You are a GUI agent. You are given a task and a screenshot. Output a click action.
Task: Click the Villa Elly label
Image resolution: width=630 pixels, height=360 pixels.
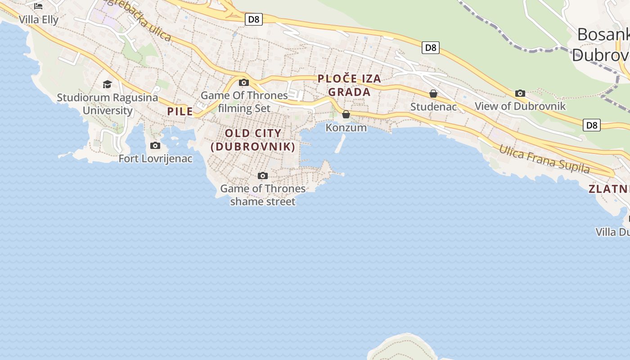click(39, 20)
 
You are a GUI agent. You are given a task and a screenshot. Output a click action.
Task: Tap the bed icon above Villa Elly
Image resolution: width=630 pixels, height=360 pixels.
click(38, 6)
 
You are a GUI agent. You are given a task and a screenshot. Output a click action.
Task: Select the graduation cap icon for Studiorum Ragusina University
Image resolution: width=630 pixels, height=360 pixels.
click(107, 84)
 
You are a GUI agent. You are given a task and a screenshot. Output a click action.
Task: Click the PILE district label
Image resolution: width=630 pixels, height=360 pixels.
click(180, 112)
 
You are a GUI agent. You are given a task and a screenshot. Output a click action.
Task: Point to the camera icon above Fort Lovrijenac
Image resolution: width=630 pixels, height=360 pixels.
click(155, 145)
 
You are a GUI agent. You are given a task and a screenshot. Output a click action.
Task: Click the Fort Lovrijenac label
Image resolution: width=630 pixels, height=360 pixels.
click(155, 158)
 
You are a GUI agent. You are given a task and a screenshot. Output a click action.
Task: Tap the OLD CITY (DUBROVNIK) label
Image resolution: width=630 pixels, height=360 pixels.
click(253, 140)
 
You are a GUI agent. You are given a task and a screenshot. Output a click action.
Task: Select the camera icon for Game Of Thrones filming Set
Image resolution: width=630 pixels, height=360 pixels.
click(244, 82)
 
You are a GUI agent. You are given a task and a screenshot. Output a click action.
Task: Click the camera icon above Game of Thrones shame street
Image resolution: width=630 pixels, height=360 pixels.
click(263, 175)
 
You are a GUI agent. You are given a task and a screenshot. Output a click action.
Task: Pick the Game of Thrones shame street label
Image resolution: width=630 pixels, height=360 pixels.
click(263, 195)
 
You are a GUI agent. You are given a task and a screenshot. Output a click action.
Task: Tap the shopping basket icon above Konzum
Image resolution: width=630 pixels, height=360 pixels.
click(346, 114)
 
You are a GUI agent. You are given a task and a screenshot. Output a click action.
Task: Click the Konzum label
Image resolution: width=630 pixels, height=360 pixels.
click(346, 128)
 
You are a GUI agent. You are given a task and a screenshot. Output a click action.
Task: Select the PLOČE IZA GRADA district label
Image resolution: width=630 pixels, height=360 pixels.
click(349, 85)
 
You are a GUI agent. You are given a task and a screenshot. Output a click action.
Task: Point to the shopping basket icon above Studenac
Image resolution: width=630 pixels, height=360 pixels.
click(433, 94)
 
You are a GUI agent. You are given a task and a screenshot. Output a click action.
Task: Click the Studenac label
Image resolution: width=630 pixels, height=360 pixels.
click(433, 107)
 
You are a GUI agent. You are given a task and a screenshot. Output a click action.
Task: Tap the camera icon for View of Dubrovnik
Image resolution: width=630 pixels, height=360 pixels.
click(520, 93)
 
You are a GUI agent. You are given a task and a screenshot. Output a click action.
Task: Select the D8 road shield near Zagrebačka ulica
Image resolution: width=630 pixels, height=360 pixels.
click(254, 19)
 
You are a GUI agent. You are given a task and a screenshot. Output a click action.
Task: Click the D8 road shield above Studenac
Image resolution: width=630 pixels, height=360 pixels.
click(431, 47)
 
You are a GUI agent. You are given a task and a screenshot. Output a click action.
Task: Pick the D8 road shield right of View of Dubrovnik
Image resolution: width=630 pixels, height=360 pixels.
click(592, 125)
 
